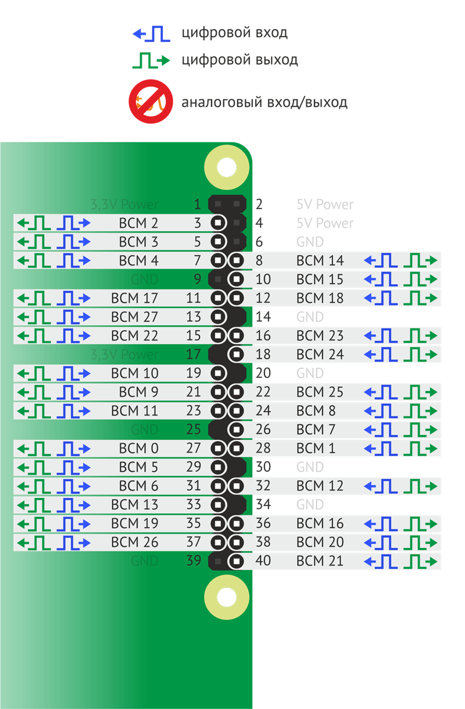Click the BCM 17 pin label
coord(134,298)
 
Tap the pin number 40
coord(263,561)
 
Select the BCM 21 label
coord(320,561)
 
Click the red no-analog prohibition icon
coord(151,102)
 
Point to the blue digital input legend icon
coord(151,34)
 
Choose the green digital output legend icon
coord(151,60)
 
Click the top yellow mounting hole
coord(226,168)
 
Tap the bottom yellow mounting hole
coord(227,597)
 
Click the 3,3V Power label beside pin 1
coord(124,205)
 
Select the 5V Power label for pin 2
coord(325,205)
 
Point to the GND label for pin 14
coord(310,317)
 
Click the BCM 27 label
coord(134,317)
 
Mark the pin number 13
coord(194,317)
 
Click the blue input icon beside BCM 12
coord(381,486)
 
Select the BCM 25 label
coord(320,392)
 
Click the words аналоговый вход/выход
coord(264,103)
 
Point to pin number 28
coord(263,448)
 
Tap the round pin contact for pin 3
coord(218,223)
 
